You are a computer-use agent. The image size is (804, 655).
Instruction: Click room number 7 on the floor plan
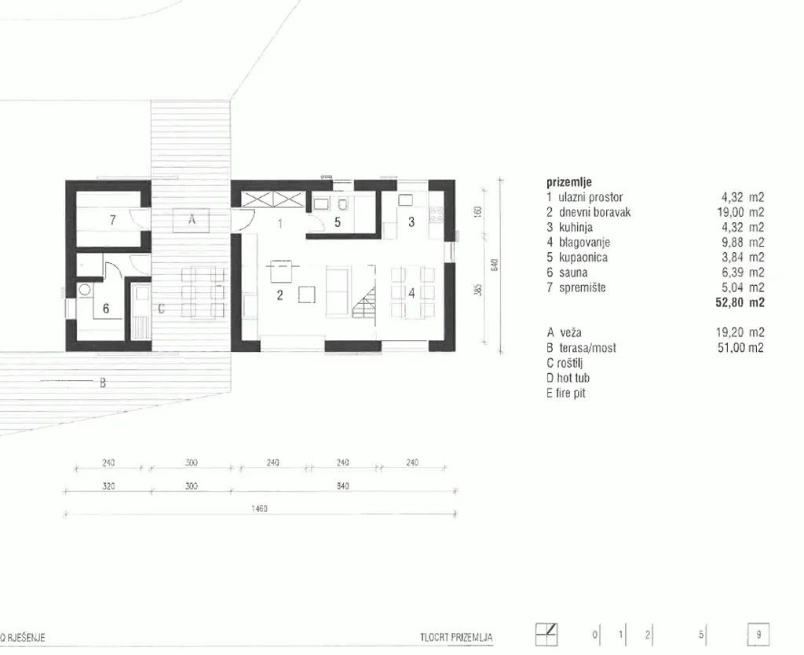(x=113, y=220)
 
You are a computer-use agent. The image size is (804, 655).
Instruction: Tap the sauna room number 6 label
(x=106, y=309)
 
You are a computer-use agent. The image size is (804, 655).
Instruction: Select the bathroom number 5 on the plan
(x=338, y=222)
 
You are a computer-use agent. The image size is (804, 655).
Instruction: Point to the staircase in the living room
(x=364, y=302)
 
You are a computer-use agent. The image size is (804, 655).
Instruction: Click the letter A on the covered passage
(x=192, y=220)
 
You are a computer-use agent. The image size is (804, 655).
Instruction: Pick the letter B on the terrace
(x=103, y=382)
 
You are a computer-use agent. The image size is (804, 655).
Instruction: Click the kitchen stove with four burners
(x=437, y=214)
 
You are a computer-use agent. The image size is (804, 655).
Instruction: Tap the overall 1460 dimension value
(x=259, y=509)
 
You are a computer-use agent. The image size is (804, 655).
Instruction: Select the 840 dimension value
(x=343, y=485)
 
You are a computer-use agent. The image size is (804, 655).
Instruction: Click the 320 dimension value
(x=108, y=485)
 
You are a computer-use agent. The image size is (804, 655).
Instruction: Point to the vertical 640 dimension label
(x=495, y=265)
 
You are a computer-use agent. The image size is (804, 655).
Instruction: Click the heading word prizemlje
(x=569, y=182)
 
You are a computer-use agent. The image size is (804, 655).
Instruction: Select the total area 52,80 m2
(x=740, y=302)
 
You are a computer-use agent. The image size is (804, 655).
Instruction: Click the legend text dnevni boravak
(x=595, y=212)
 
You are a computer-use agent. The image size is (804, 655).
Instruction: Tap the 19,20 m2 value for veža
(x=740, y=332)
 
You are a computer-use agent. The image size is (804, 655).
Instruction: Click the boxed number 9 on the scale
(x=758, y=635)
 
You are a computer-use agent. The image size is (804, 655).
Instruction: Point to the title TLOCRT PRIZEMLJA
(x=456, y=638)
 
